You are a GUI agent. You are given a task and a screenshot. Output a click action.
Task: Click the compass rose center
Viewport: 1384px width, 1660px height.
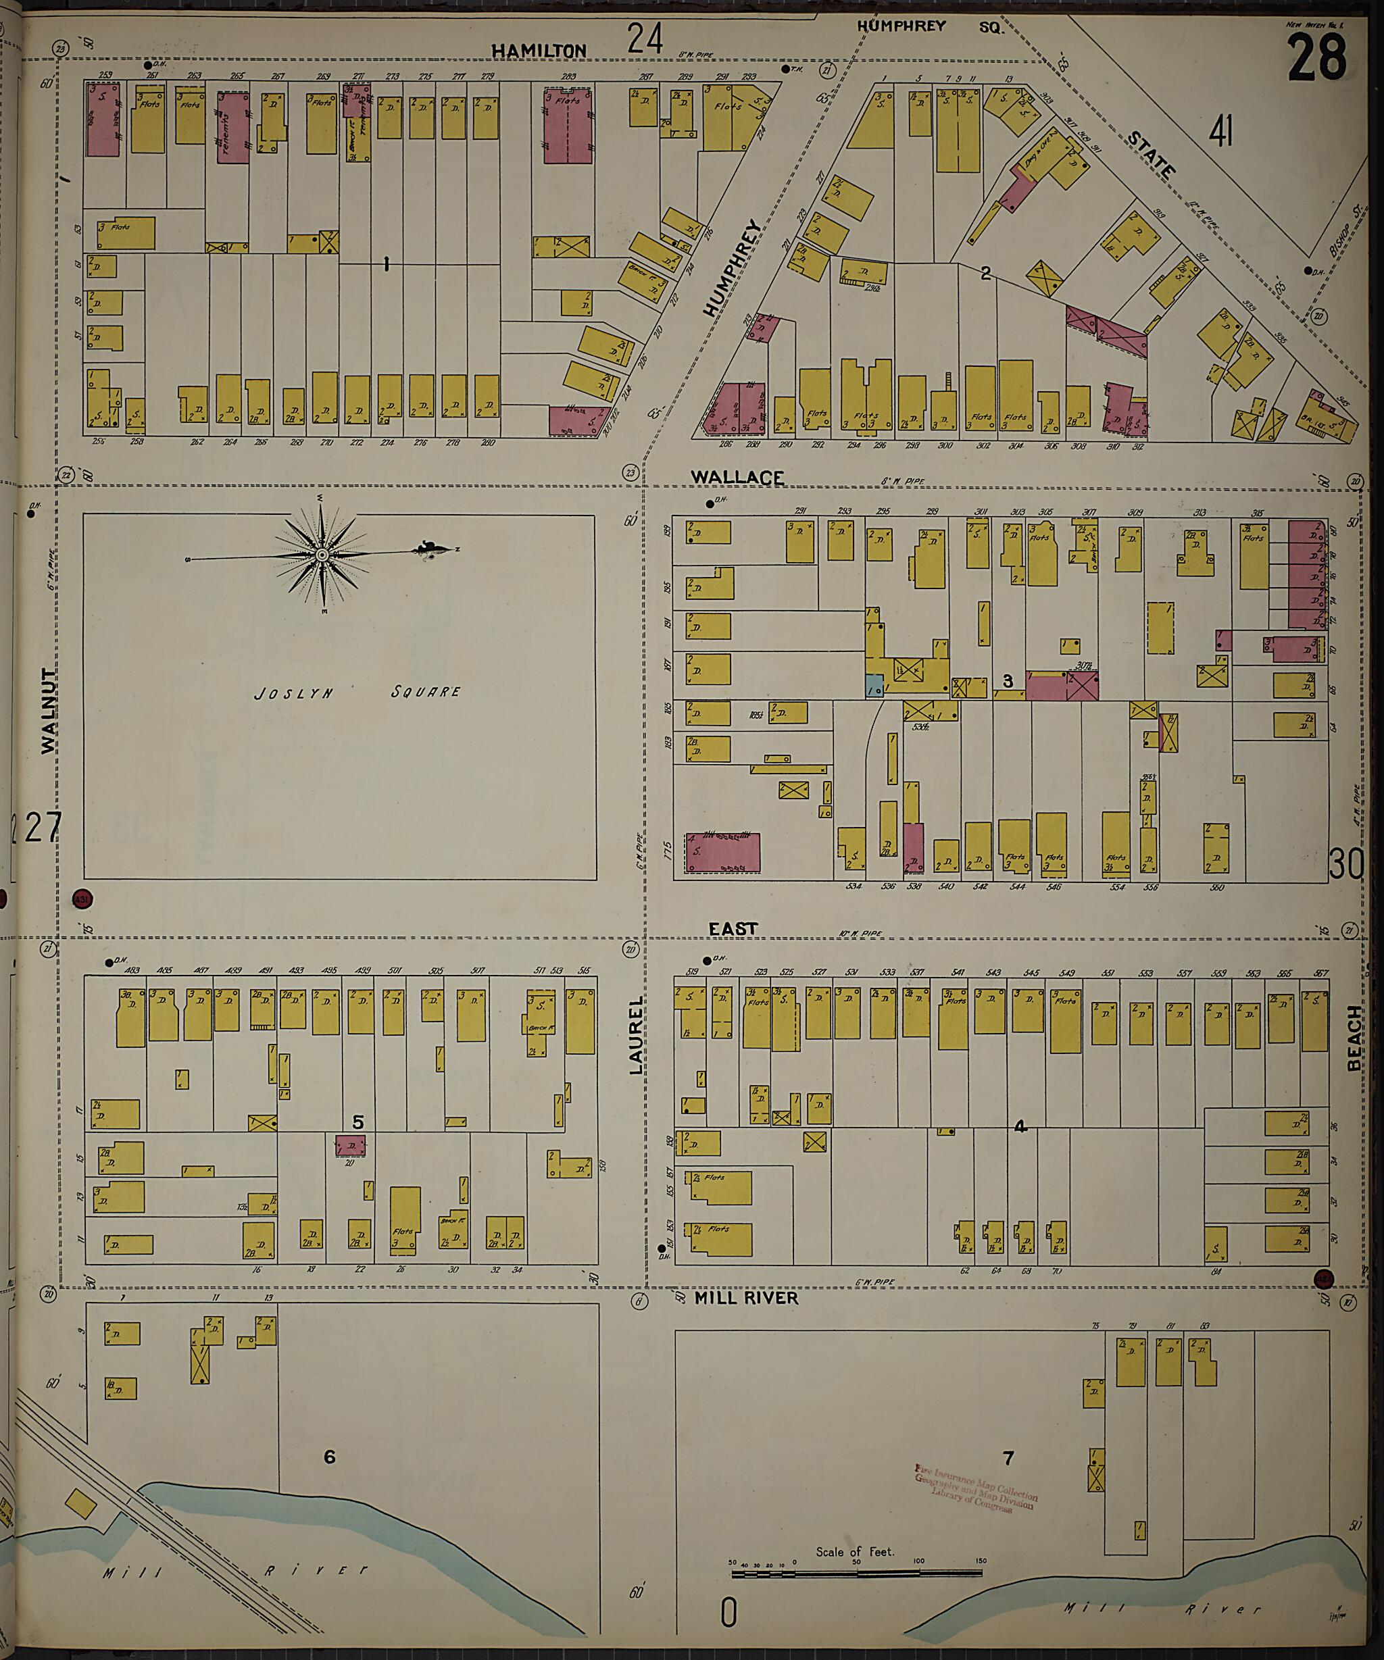coord(322,556)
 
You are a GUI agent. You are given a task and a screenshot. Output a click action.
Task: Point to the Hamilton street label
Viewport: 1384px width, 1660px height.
coord(539,51)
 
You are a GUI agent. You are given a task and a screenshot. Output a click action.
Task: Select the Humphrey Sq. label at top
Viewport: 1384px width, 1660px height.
coord(929,26)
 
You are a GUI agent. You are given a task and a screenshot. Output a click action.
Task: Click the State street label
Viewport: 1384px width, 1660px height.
coord(1151,155)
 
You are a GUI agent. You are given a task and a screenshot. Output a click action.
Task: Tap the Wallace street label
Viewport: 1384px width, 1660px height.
coord(737,478)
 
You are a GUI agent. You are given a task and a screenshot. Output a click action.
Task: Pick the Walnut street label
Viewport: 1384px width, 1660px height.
coord(49,711)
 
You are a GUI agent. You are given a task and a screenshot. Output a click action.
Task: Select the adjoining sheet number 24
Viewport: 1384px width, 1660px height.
coord(645,38)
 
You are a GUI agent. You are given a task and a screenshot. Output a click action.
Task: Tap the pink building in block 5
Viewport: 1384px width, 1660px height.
coord(349,1145)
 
